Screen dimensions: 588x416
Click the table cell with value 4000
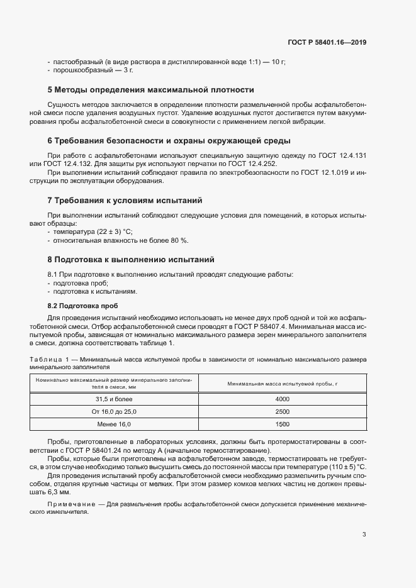click(282, 399)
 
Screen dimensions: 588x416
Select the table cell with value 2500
click(282, 411)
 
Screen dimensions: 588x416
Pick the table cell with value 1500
click(282, 424)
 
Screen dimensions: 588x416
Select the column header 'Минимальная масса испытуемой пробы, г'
click(282, 384)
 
